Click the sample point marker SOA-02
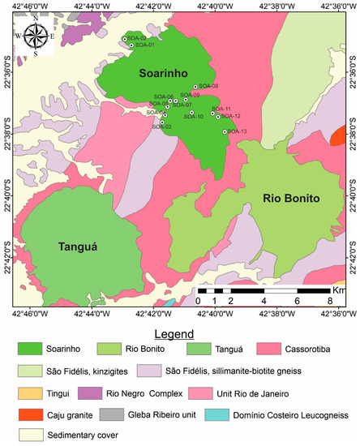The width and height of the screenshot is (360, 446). [124, 38]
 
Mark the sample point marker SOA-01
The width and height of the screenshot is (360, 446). [131, 45]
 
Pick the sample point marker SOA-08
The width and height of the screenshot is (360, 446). [195, 86]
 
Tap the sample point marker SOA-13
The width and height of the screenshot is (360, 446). [225, 131]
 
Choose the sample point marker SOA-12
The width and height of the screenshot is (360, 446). [218, 117]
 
